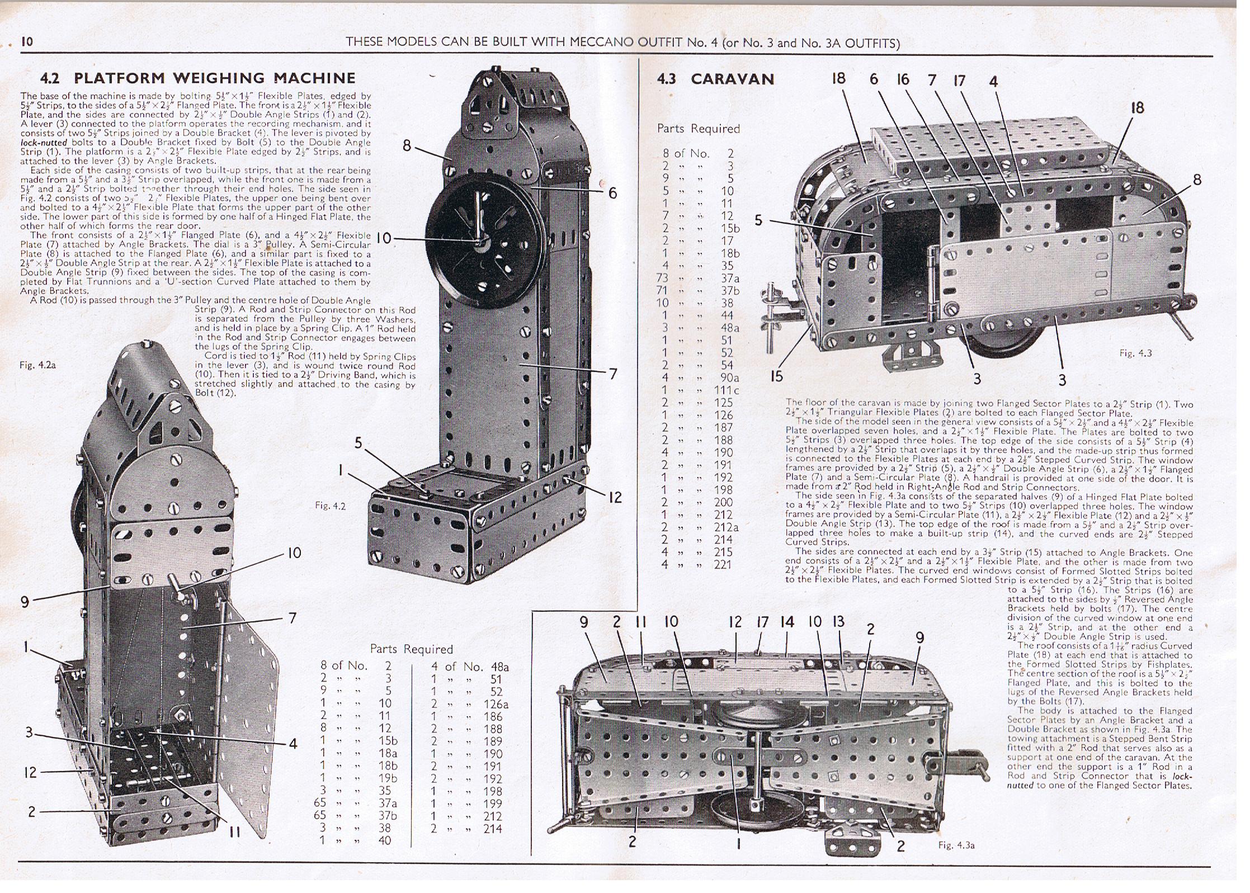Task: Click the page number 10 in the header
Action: tap(27, 42)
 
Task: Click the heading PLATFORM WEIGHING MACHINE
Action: tap(214, 78)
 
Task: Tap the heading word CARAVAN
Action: tap(732, 79)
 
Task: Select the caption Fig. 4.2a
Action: tap(37, 365)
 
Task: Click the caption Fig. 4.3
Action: tap(1135, 353)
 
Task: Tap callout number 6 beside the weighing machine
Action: tap(613, 193)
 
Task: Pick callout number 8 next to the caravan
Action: tap(1197, 179)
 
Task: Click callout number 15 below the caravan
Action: tap(776, 376)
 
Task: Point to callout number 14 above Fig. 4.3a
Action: tap(787, 622)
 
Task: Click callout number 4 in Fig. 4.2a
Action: tap(293, 743)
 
